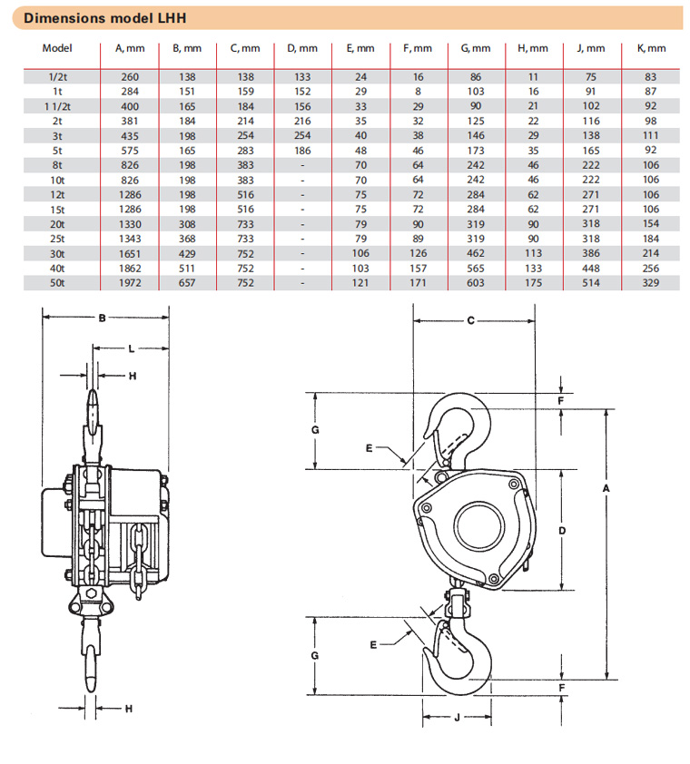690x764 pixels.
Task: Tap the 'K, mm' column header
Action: [x=650, y=48]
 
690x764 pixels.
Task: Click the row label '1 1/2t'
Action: [x=58, y=106]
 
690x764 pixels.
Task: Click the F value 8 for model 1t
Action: [x=417, y=92]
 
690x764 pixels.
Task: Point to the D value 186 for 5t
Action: [x=303, y=150]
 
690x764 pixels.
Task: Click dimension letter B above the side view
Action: [x=103, y=318]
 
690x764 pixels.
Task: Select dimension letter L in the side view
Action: [x=132, y=348]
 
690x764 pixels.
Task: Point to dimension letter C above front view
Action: [x=471, y=320]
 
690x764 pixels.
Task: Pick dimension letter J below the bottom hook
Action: [x=457, y=717]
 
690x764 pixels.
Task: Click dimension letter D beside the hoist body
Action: [x=563, y=529]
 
